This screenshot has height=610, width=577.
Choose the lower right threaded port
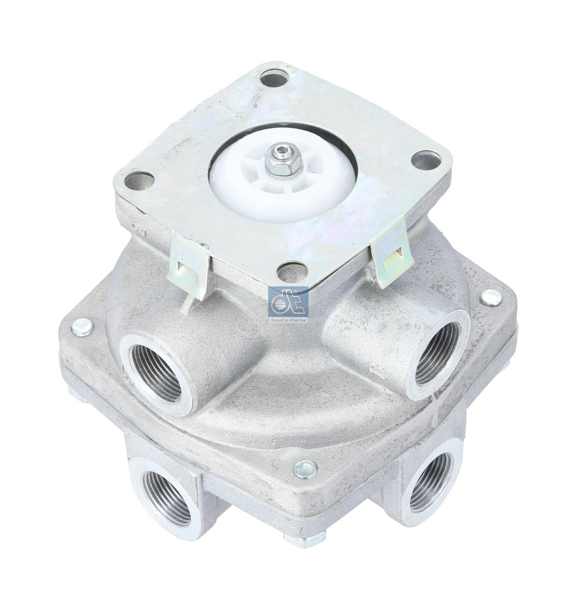[431, 485]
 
